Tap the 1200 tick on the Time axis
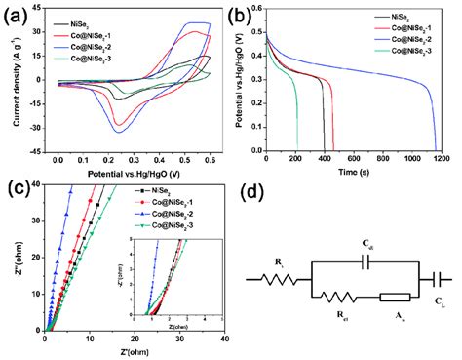[x=442, y=159]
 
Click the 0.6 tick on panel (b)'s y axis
[x=255, y=9]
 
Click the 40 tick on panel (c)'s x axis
[x=225, y=340]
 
